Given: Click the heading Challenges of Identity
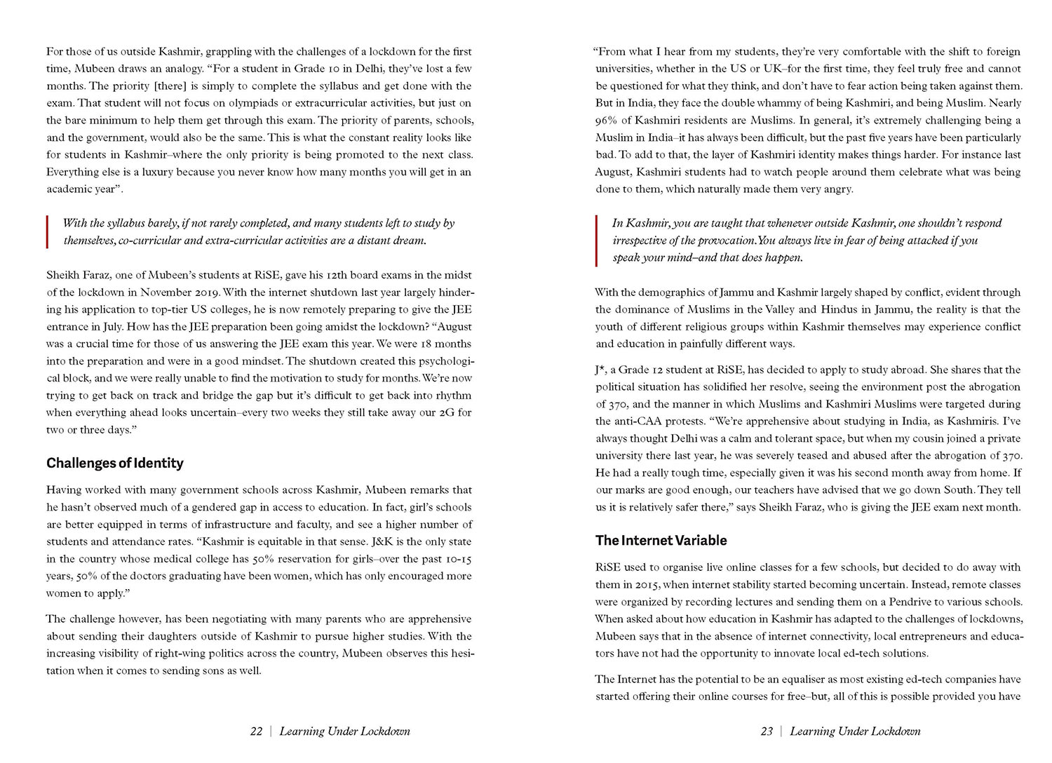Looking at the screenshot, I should [115, 464].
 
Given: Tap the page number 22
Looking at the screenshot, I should [256, 731].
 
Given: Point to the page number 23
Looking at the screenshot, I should [767, 731].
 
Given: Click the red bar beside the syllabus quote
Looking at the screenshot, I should [47, 232].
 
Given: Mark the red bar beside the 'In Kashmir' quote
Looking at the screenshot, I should [596, 241].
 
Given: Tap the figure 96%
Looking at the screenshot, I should [607, 121].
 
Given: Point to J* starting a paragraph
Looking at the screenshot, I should [600, 370].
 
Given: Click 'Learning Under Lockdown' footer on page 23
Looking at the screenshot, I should [855, 731].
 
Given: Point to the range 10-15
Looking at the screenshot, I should [458, 560].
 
